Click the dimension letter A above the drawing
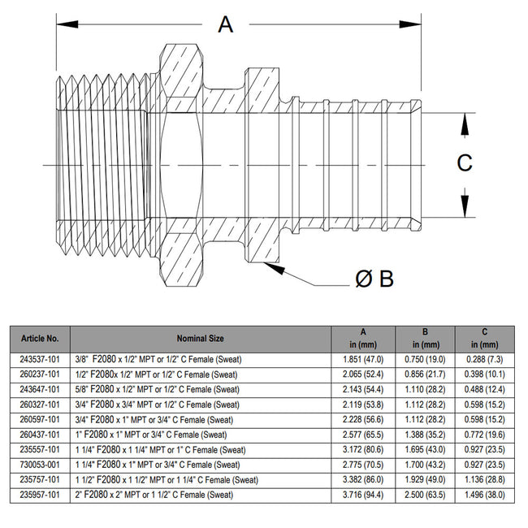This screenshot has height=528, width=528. (x=226, y=24)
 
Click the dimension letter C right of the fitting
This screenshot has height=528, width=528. (x=464, y=163)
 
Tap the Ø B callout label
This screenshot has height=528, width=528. (x=374, y=279)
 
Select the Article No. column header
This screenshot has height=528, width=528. (x=39, y=337)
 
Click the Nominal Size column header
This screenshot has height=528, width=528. (x=200, y=337)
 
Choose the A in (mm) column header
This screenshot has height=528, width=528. (x=362, y=337)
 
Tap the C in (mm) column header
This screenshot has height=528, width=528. (x=484, y=337)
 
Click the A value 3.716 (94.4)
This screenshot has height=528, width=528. (x=362, y=494)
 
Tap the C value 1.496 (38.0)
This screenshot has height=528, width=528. (x=484, y=494)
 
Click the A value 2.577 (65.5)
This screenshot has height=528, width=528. (x=362, y=434)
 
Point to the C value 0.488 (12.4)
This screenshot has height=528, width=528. (x=484, y=389)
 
